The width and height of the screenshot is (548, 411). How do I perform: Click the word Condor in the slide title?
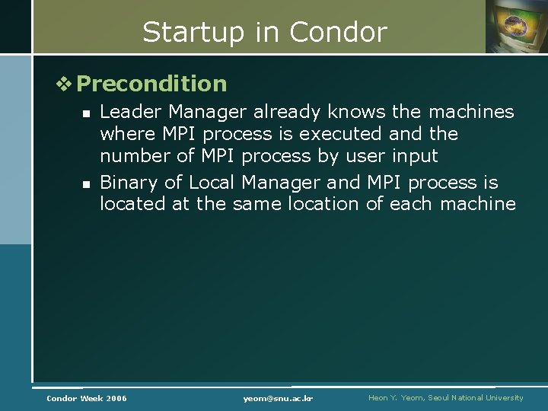[338, 33]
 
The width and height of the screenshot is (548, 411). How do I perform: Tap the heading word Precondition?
[151, 84]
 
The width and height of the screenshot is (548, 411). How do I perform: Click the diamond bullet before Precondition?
[66, 84]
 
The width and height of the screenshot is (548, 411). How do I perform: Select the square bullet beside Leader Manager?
[87, 113]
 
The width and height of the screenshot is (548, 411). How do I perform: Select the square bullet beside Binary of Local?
[87, 183]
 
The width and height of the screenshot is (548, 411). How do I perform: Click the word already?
[289, 112]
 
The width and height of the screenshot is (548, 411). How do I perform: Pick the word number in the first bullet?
[132, 156]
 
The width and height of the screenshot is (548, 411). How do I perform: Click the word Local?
[213, 183]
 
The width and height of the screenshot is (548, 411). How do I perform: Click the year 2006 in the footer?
[116, 398]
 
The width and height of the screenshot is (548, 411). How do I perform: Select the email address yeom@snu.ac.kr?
[279, 398]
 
